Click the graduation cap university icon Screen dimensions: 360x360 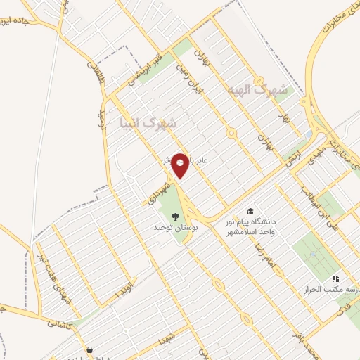pos(250,211)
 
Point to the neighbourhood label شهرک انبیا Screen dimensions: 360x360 pos(149,123)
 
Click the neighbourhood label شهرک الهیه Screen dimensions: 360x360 pos(259,91)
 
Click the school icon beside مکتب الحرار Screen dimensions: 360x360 pos(335,278)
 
